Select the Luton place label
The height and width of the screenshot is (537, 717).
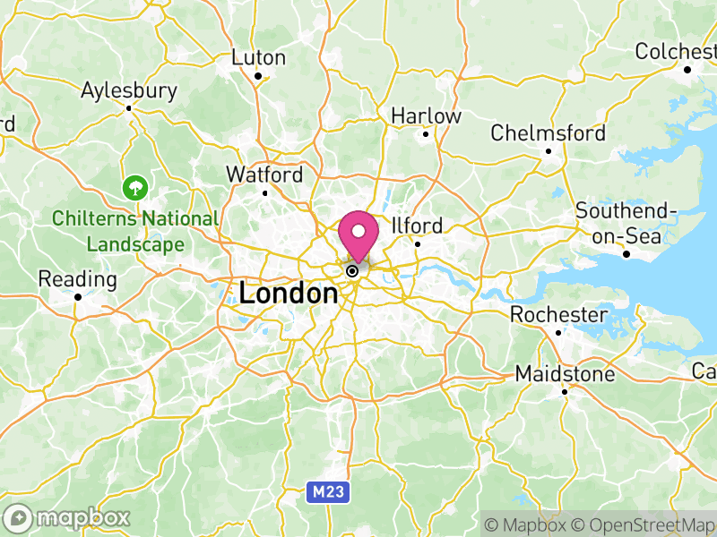[x=258, y=57]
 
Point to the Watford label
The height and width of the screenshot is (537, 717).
[x=264, y=175]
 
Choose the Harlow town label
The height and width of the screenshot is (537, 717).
[x=426, y=116]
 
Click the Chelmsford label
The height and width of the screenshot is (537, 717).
[x=548, y=133]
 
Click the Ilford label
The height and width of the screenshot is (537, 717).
[x=417, y=225]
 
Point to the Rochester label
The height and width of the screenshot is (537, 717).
[x=558, y=315]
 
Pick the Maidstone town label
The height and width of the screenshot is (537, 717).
[x=565, y=374]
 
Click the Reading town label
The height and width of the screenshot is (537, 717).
[x=77, y=279]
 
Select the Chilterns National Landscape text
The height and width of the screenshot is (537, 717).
[x=134, y=231]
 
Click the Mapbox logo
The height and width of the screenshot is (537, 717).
[x=68, y=517]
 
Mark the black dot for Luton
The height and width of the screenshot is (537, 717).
[x=258, y=76]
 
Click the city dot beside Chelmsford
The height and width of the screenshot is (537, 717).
[x=549, y=151]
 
